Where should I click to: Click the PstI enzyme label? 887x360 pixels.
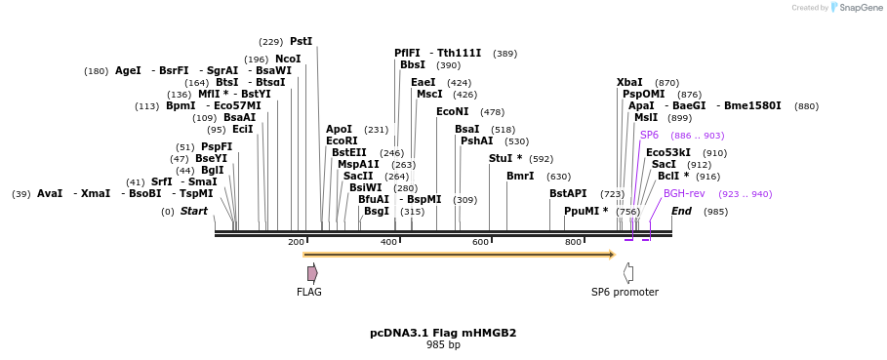[301, 42]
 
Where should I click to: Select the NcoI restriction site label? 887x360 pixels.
[288, 59]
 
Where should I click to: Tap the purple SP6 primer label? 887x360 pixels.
[649, 136]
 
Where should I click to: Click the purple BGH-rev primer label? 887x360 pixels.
[684, 194]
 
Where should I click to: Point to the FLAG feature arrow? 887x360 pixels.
[312, 273]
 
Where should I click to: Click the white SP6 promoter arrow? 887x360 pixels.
[628, 273]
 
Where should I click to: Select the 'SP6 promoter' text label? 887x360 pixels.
[625, 292]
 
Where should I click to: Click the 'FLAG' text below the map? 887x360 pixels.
[309, 292]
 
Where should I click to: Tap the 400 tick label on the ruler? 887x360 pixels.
[388, 242]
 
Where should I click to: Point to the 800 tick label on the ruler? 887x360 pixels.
[573, 242]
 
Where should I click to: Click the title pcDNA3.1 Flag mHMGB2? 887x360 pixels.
[443, 333]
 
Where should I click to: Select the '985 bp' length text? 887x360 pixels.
[443, 345]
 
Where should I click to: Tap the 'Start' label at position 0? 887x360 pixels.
[194, 212]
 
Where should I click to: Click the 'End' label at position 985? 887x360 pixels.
[681, 212]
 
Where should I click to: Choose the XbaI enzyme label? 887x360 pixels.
[629, 83]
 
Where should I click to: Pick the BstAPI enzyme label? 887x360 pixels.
[568, 194]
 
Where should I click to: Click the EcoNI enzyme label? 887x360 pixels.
[452, 112]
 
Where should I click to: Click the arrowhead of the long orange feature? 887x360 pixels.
[612, 255]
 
